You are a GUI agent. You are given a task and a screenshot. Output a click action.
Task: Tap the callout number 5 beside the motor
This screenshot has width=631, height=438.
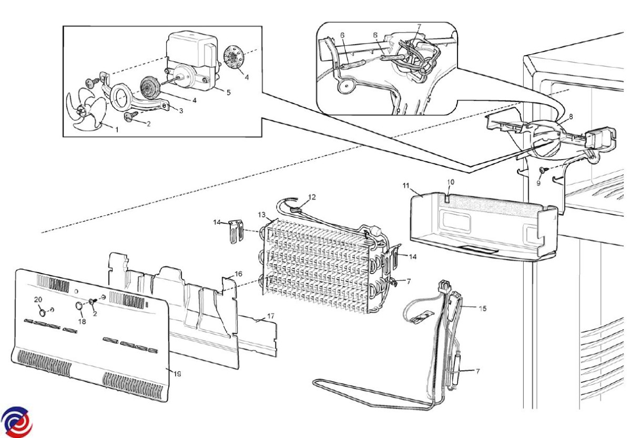(x=229, y=92)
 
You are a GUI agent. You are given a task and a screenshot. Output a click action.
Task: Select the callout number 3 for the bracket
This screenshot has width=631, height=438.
(x=181, y=111)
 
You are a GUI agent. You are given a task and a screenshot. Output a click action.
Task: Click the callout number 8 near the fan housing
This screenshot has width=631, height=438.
(x=571, y=117)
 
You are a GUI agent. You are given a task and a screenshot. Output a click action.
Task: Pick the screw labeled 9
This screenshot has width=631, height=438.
(x=542, y=170)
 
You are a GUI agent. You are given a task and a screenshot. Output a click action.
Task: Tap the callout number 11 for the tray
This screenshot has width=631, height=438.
(x=405, y=186)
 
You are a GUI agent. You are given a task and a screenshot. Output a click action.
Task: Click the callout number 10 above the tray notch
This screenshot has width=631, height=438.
(x=451, y=182)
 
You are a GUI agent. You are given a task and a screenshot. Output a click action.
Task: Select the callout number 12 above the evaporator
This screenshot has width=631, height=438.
(x=312, y=197)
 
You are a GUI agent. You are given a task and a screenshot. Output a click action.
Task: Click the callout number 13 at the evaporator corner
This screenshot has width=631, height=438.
(x=262, y=215)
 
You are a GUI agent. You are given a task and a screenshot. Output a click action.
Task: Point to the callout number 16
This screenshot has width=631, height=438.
(x=238, y=274)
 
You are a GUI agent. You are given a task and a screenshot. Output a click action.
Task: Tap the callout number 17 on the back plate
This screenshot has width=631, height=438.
(x=271, y=316)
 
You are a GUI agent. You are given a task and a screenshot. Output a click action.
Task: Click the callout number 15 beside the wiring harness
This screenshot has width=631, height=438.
(x=483, y=308)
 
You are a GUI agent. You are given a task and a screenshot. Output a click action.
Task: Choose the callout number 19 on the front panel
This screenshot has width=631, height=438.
(x=177, y=374)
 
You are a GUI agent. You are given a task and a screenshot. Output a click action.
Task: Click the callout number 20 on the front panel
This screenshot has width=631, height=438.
(x=38, y=299)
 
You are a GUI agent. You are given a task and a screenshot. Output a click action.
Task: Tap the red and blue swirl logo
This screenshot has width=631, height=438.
(x=16, y=422)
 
